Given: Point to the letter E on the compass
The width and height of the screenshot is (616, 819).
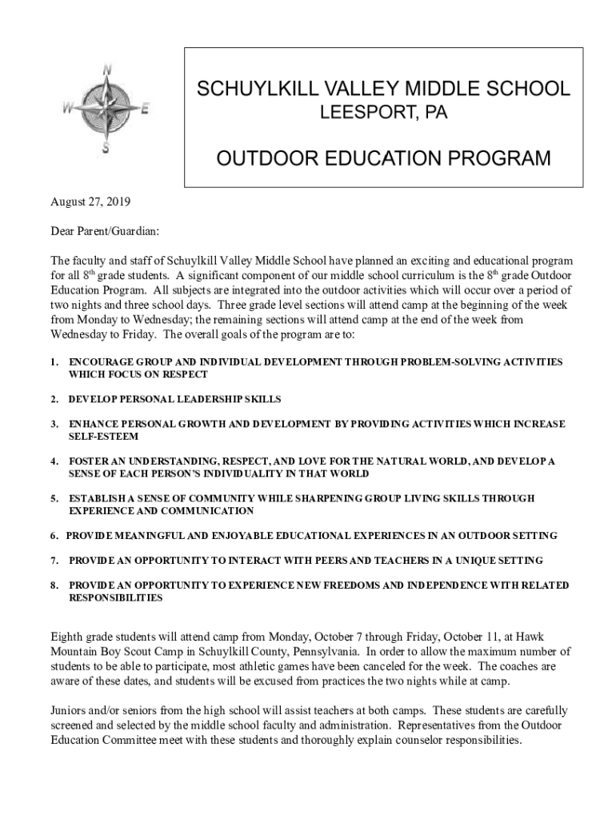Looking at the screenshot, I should [x=144, y=111].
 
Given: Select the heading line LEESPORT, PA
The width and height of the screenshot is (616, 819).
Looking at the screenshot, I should [x=383, y=114].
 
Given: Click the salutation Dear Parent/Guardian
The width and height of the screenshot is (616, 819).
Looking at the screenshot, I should [x=105, y=231].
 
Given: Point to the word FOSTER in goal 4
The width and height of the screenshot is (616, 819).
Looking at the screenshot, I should [x=89, y=461].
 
